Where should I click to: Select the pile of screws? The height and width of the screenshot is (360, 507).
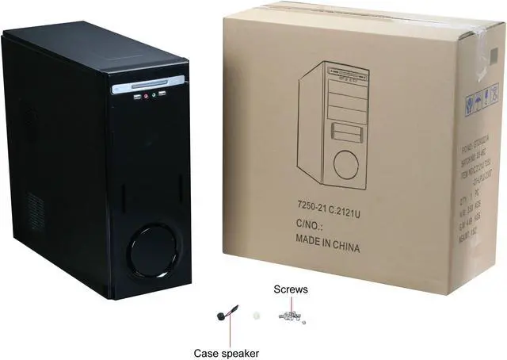coord(288,316)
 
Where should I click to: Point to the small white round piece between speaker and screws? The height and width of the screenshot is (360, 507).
coord(255,315)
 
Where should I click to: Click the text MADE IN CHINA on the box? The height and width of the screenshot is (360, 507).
coord(327,247)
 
